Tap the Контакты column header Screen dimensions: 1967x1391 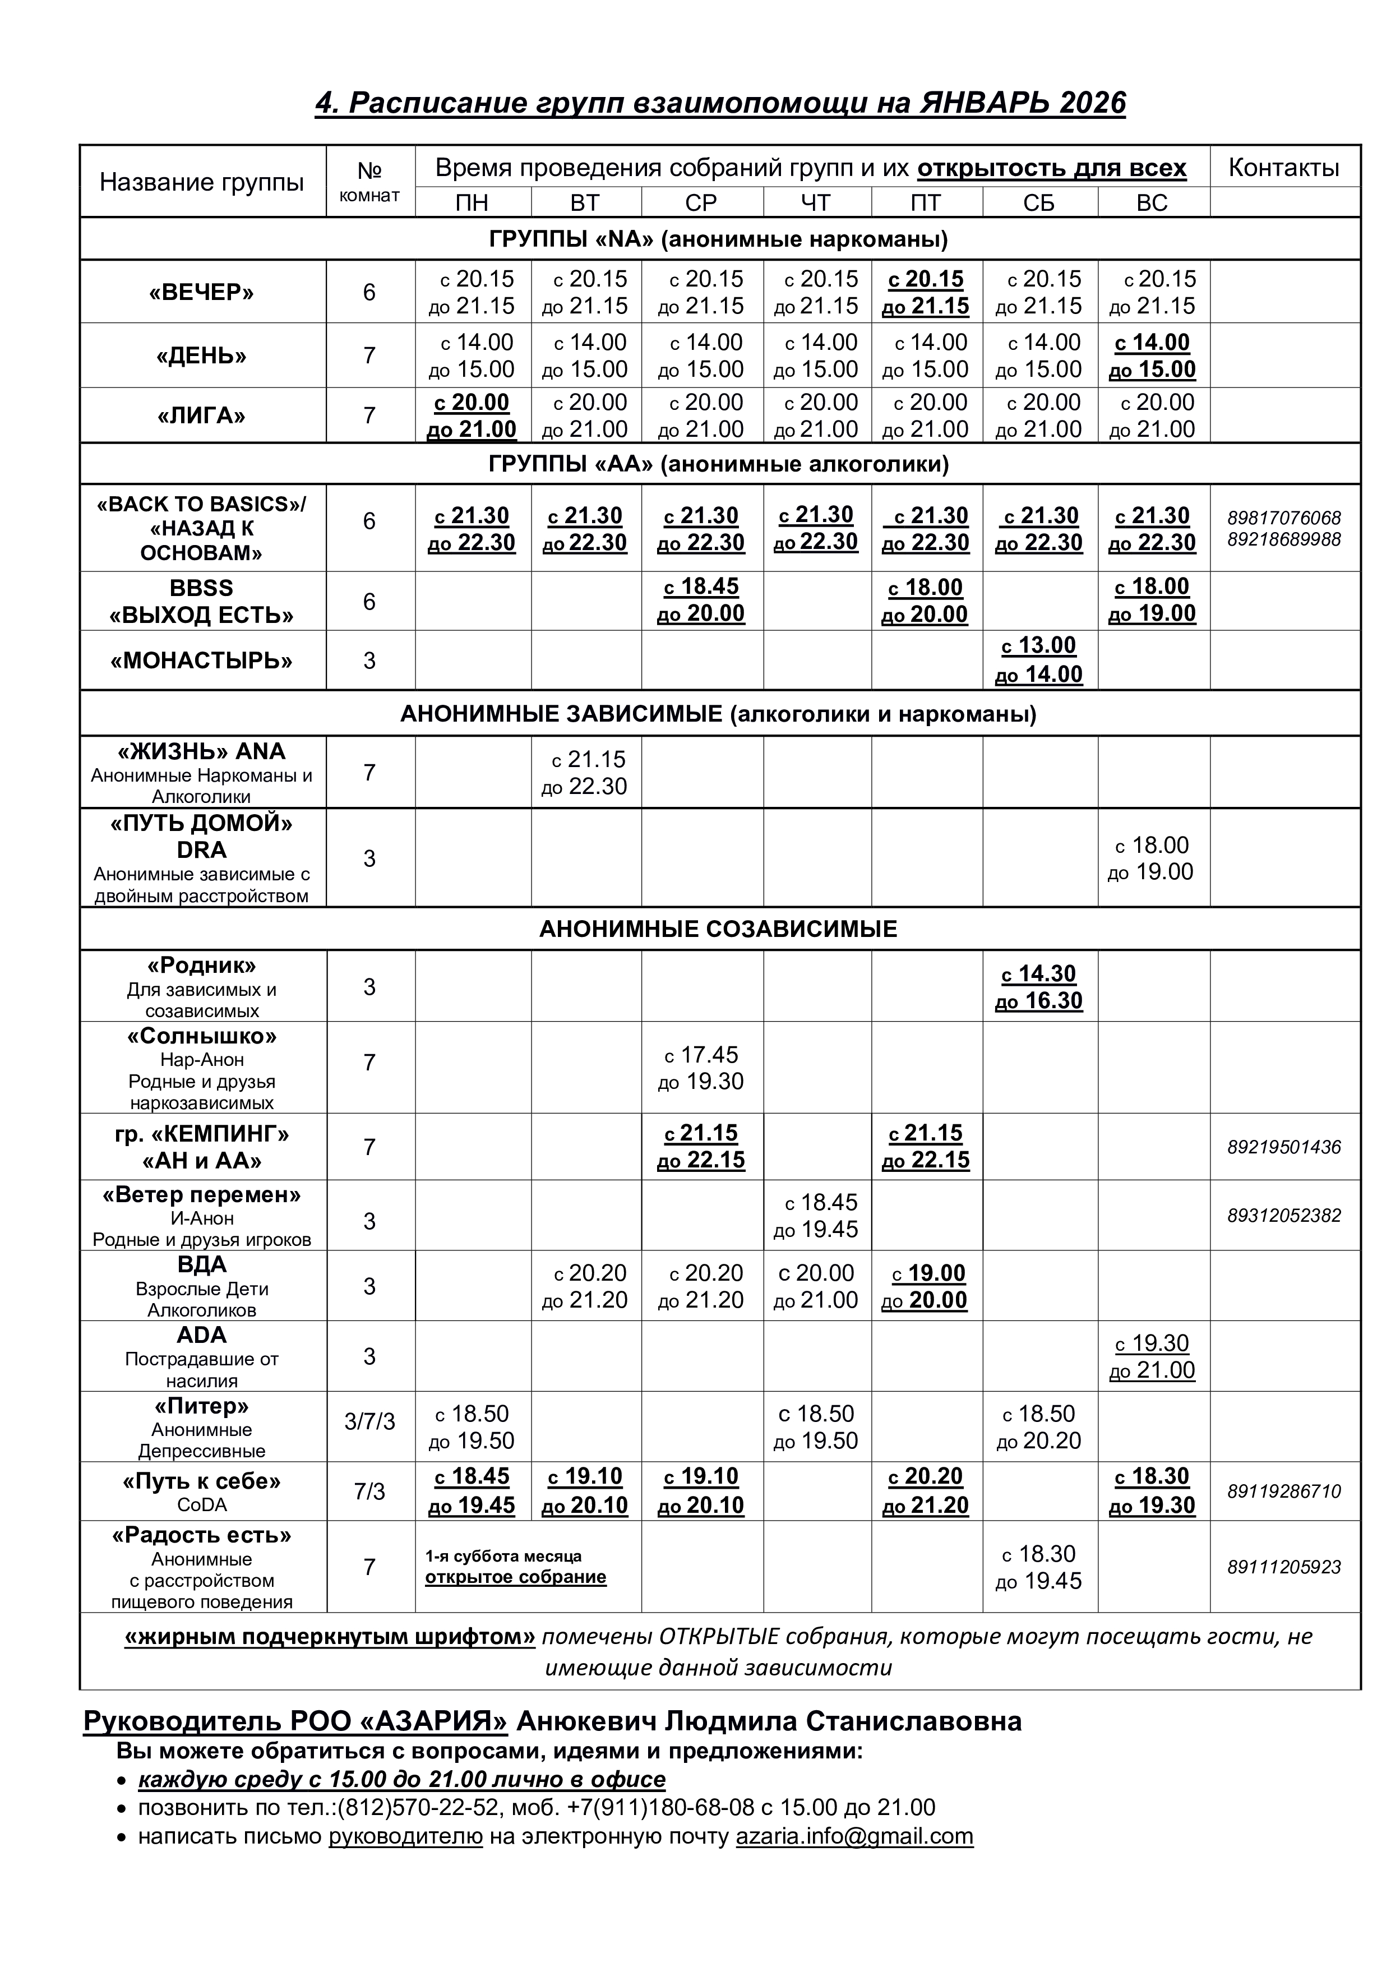tap(1283, 168)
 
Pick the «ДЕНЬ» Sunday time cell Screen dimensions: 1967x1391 tap(1152, 355)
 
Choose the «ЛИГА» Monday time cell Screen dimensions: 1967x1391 tap(472, 415)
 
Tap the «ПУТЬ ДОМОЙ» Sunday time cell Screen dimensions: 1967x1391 tap(1152, 858)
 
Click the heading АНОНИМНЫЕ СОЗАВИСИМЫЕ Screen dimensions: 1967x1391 tap(718, 930)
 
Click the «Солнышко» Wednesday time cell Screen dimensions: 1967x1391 tap(701, 1068)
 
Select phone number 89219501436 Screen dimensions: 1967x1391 tap(1283, 1147)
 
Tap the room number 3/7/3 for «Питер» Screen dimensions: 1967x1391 tap(369, 1422)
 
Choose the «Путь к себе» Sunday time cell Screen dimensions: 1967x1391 tap(1152, 1491)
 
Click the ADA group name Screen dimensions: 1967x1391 tap(202, 1336)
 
